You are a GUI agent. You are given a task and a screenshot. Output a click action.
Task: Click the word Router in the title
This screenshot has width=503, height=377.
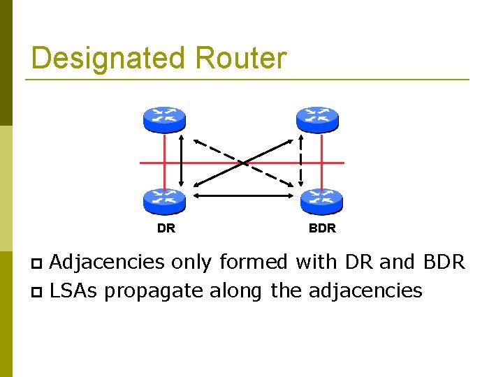coord(241,58)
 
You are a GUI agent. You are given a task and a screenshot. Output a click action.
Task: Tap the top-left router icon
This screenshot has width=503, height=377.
coord(164,119)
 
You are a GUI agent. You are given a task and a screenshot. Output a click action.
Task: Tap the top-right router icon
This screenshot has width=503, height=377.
coord(318,119)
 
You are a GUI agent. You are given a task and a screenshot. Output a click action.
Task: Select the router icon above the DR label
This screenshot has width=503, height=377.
coord(164,200)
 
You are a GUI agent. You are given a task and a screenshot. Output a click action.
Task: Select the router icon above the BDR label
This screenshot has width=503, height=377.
coord(321,200)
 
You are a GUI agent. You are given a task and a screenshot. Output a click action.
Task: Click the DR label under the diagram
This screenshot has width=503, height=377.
coord(166,228)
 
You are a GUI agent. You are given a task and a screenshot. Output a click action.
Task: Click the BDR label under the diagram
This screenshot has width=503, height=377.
coord(322,228)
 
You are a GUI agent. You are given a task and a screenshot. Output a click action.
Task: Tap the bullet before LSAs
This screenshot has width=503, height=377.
coord(38,291)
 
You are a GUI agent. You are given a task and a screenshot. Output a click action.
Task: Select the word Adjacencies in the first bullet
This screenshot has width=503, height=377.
coord(108,263)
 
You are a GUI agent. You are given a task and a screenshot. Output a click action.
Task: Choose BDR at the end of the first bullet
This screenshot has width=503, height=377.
coord(444,263)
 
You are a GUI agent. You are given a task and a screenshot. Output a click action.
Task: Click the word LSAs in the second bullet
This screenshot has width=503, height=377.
coord(74,290)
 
